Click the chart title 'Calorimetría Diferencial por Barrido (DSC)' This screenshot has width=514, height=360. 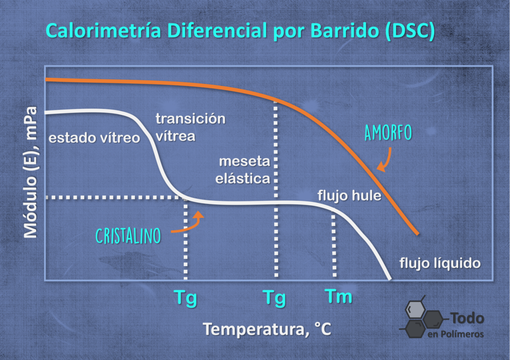pyautogui.click(x=240, y=31)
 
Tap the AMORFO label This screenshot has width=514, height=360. pyautogui.click(x=388, y=133)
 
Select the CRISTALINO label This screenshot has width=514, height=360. pyautogui.click(x=128, y=236)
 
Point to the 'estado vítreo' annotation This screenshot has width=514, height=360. pyautogui.click(x=94, y=138)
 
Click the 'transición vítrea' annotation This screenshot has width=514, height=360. pyautogui.click(x=190, y=127)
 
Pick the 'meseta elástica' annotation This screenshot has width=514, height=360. pyautogui.click(x=243, y=170)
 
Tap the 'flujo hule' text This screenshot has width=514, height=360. pyautogui.click(x=349, y=196)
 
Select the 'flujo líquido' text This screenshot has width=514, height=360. pyautogui.click(x=440, y=263)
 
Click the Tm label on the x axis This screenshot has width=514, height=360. pyautogui.click(x=338, y=296)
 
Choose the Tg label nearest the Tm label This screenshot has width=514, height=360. pyautogui.click(x=275, y=298)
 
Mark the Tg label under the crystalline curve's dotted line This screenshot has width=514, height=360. pyautogui.click(x=186, y=298)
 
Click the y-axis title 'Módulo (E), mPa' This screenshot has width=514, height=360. pyautogui.click(x=31, y=172)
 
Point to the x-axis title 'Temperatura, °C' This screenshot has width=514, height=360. pyautogui.click(x=267, y=329)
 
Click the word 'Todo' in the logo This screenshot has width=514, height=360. pyautogui.click(x=467, y=318)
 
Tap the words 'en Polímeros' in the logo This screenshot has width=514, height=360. pyautogui.click(x=456, y=334)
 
